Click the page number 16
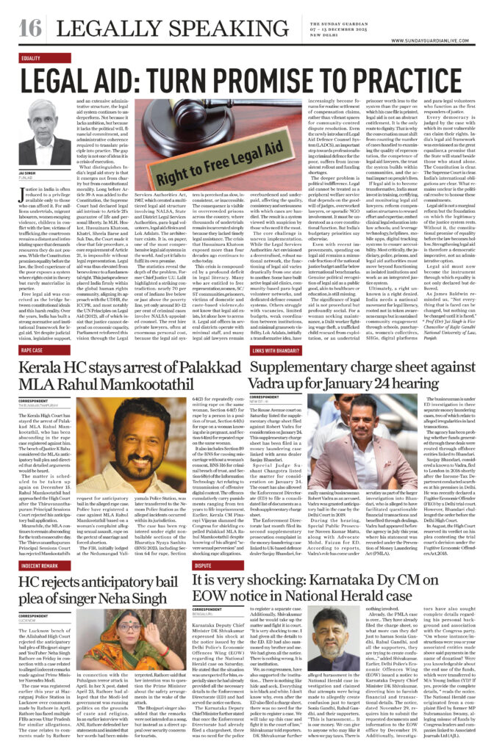[29, 28]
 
